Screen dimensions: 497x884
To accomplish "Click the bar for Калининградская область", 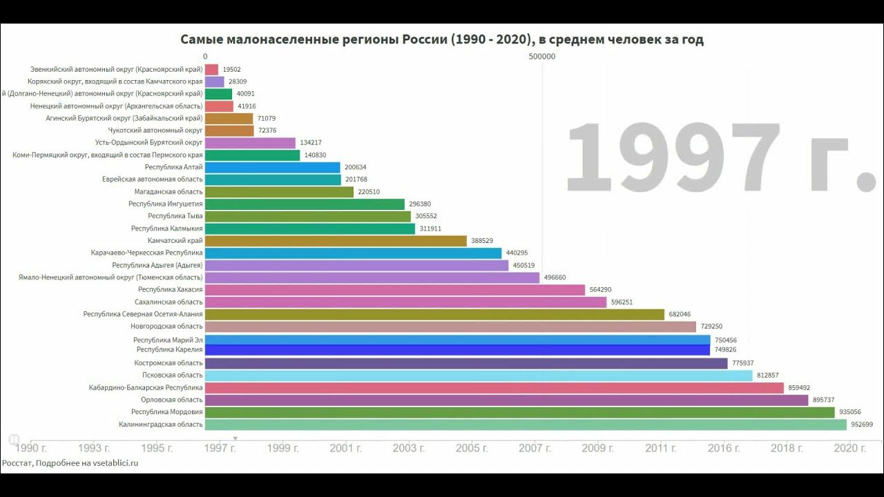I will (525, 425).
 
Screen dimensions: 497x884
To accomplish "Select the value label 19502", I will (231, 70).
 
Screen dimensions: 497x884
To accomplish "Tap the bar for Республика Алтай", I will (272, 167).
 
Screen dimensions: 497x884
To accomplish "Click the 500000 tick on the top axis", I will (541, 57).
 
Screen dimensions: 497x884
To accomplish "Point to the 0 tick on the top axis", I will (205, 57).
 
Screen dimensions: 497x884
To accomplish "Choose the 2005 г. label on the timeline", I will (472, 448).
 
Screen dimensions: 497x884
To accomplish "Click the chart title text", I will (442, 39).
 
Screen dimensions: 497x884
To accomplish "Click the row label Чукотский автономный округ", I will (155, 130).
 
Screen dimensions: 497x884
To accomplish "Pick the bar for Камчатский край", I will (336, 241).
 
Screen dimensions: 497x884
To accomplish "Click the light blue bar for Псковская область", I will (478, 376).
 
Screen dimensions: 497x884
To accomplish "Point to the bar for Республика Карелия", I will (457, 350).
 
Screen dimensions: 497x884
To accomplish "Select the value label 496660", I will (555, 277).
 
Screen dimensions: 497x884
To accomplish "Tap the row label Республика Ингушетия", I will (166, 204).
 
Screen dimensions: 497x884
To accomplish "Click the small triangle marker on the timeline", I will (235, 438).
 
